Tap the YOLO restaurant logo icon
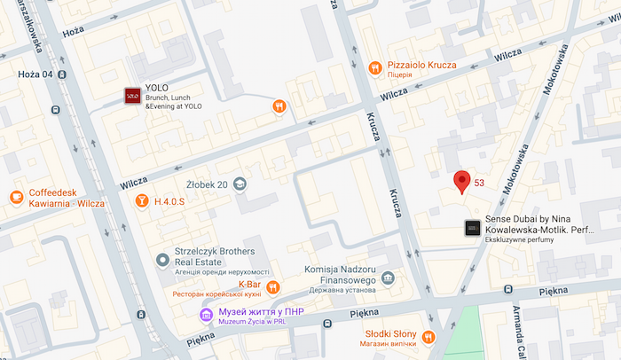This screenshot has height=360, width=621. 132,95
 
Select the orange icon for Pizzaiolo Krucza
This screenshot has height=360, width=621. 376,67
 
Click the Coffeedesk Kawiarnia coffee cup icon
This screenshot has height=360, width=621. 16,197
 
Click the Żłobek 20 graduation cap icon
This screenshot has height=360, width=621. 240,184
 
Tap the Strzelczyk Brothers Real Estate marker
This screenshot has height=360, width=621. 162,259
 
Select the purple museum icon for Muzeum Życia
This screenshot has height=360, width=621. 206,314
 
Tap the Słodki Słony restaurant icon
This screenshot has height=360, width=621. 428,336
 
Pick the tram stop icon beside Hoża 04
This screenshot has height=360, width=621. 62,75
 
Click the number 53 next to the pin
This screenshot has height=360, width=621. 479,183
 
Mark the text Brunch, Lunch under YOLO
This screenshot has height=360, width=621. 168,98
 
